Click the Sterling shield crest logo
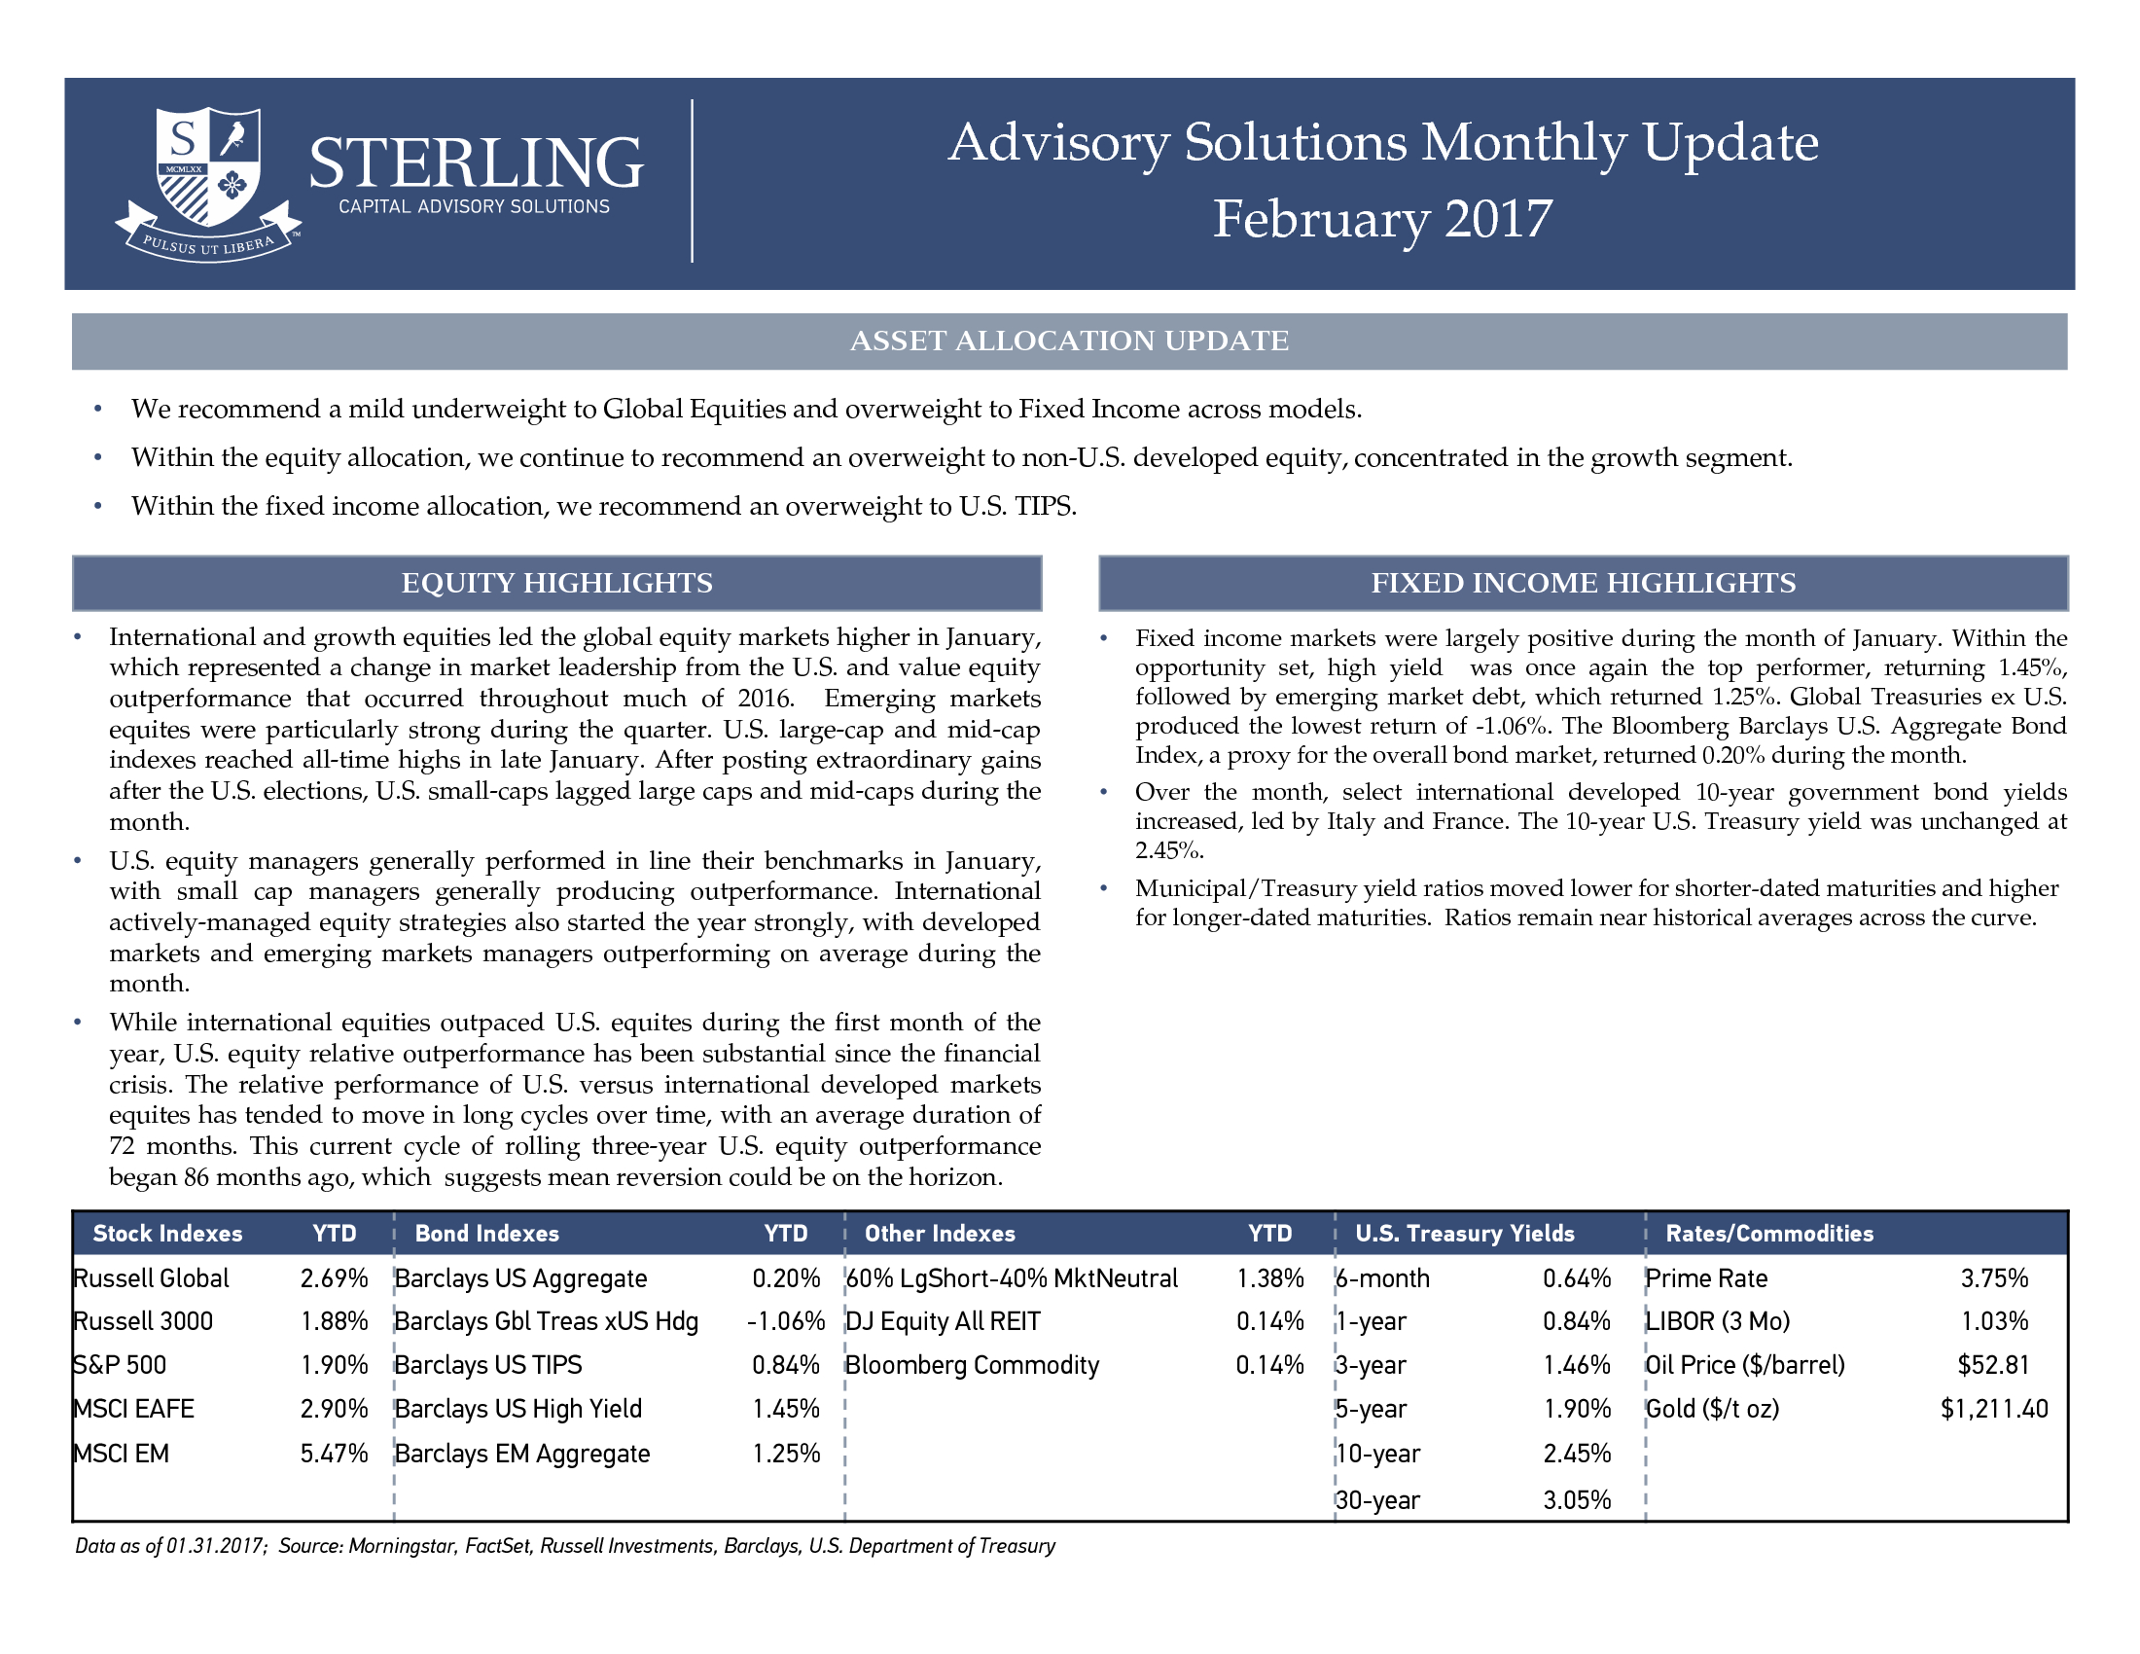point(209,184)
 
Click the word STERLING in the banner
point(477,162)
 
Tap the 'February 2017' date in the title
point(1382,220)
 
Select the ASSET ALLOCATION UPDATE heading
point(1069,341)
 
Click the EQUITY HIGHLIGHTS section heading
point(556,583)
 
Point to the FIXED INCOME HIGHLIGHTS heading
point(1584,583)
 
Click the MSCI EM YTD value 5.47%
point(334,1454)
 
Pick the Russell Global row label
point(152,1277)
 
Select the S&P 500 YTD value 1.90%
point(334,1365)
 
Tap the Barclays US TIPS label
point(488,1365)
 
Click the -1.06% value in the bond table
point(786,1321)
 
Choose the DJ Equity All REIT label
point(943,1321)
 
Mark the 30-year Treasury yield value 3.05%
point(1577,1500)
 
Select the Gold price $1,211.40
point(1994,1409)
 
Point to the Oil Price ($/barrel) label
point(1745,1365)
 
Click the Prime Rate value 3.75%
point(1995,1277)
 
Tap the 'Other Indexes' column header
point(940,1234)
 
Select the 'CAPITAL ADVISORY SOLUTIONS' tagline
point(475,206)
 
